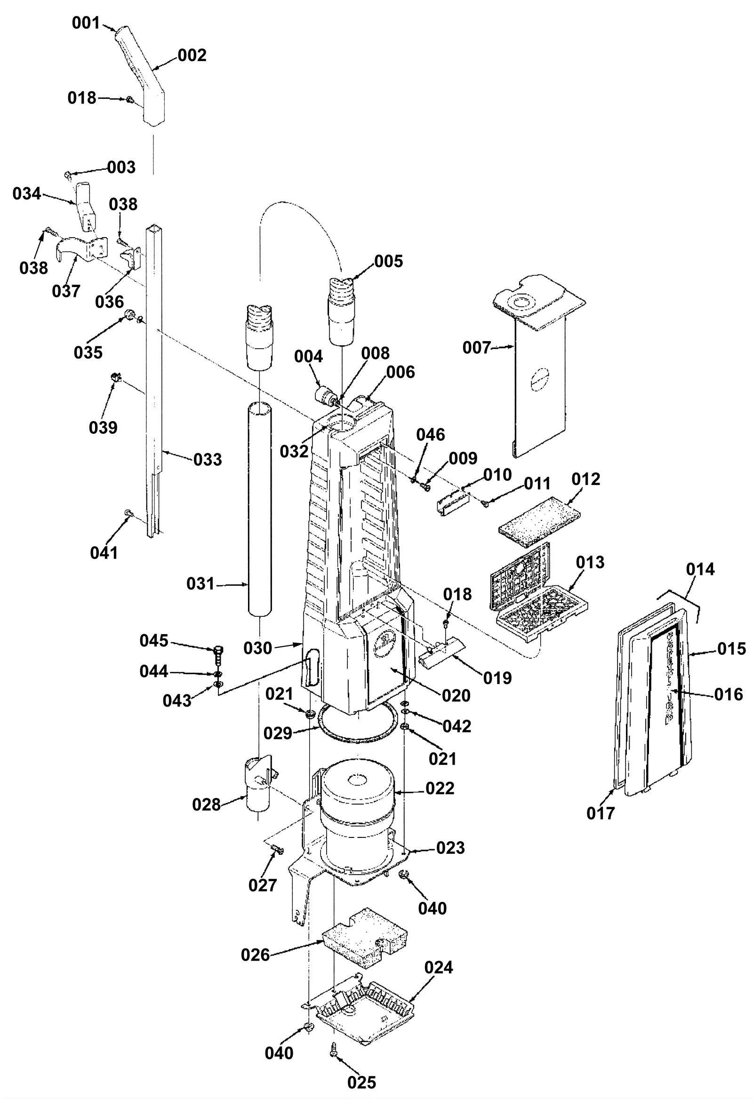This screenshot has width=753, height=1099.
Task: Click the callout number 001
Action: [x=86, y=23]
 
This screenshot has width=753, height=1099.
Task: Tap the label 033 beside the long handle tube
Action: [x=208, y=459]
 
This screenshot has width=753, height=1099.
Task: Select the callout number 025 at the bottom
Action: [x=362, y=1082]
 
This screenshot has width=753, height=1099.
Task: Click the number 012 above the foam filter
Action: [x=585, y=479]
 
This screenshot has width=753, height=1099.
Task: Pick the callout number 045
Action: [x=154, y=640]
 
